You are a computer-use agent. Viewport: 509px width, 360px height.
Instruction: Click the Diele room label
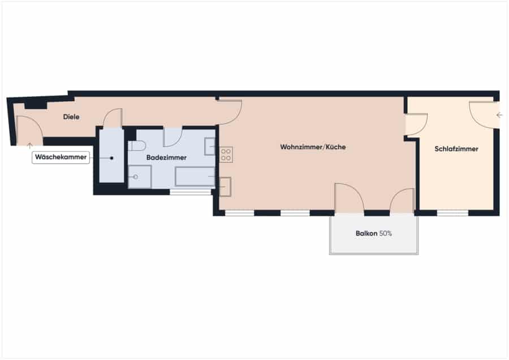71,117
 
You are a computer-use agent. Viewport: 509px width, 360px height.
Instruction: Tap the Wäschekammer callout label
61,157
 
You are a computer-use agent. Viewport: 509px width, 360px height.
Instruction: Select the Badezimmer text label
166,158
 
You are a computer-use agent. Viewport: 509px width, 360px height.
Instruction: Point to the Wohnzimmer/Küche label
313,147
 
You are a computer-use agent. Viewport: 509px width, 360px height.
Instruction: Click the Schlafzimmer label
456,149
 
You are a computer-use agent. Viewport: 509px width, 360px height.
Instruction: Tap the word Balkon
366,233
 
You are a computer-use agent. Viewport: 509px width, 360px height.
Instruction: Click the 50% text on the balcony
386,233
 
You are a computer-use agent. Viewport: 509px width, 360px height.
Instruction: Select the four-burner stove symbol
226,155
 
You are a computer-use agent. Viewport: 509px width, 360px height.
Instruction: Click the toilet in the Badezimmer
137,146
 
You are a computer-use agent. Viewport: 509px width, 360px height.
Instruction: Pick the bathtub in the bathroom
195,176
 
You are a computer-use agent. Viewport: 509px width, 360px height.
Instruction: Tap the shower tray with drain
140,177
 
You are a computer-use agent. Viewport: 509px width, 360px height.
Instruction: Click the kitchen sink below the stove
225,187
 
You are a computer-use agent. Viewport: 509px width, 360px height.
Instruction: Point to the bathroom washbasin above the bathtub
210,146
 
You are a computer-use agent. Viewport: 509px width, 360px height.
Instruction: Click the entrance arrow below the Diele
30,146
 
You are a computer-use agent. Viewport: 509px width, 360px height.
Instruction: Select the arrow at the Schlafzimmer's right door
499,115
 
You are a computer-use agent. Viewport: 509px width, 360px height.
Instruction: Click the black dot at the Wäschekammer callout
111,158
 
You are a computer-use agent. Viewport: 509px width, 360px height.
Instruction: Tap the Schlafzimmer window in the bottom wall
452,213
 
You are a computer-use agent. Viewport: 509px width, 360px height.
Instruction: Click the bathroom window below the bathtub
191,192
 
